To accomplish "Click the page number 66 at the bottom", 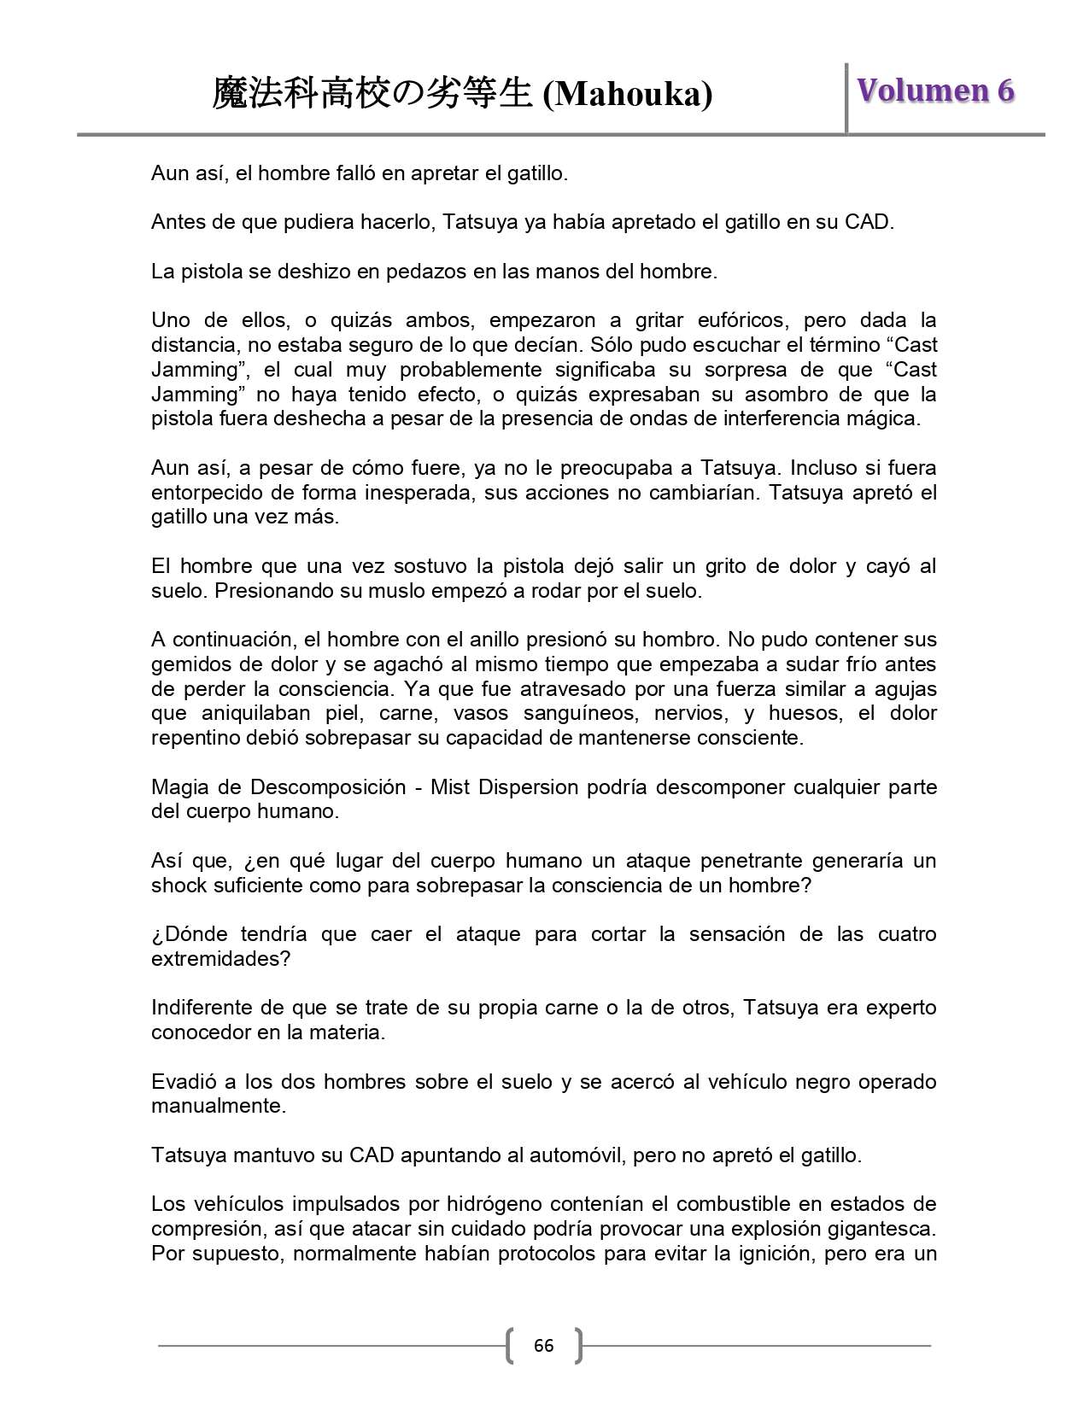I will coord(543,1346).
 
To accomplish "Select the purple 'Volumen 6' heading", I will coord(935,91).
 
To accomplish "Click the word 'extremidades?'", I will coord(221,958).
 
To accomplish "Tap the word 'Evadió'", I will coord(181,1081).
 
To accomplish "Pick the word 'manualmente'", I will coord(216,1106).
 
